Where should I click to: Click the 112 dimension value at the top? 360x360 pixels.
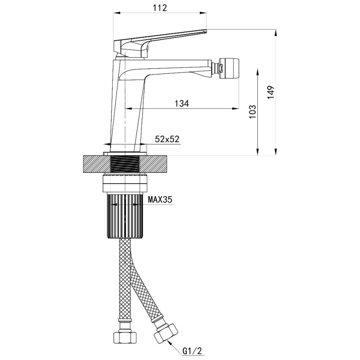[160, 8]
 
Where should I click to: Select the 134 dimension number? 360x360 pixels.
[182, 103]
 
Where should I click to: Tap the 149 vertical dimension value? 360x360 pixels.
[271, 92]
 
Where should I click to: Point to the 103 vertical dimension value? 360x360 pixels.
[252, 111]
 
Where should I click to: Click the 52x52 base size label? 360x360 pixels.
[167, 139]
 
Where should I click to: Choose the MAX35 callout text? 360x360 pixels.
[160, 199]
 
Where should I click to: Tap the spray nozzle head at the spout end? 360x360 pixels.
[229, 69]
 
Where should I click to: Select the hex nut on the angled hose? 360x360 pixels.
[166, 332]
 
